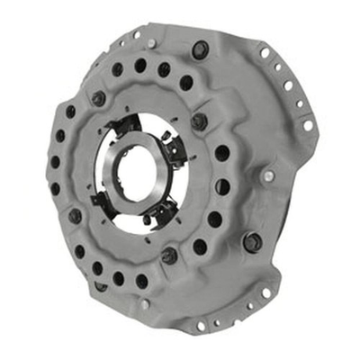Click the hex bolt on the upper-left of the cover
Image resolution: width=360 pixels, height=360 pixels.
point(98,97)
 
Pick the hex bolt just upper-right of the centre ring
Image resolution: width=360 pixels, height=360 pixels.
point(200,120)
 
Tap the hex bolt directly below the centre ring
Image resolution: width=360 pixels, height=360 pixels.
point(168,256)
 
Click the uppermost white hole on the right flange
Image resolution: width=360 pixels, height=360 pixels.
point(265,53)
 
